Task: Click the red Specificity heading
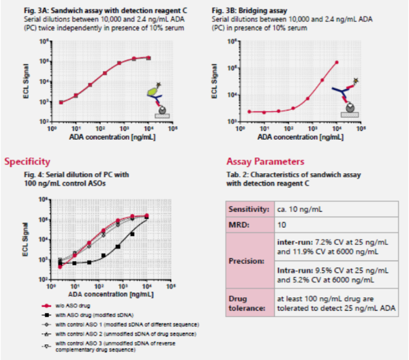27,162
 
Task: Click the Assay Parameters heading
264,162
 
